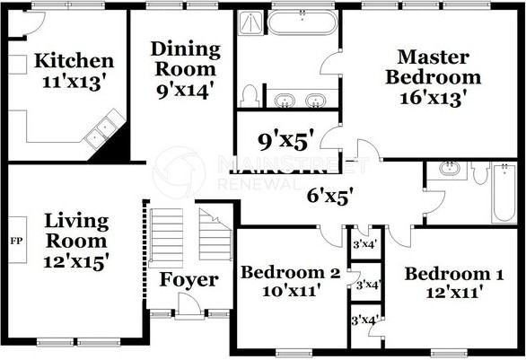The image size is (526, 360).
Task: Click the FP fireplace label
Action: [x=17, y=241]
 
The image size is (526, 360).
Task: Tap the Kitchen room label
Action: [x=75, y=61]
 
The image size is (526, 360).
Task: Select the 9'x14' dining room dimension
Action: [x=186, y=91]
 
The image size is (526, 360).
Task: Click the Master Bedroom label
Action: [x=433, y=67]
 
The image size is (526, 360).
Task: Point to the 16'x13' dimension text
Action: [x=434, y=99]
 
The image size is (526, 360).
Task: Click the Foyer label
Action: [x=188, y=279]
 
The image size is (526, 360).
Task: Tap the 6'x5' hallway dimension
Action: [x=330, y=196]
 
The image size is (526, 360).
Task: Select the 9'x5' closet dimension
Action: [x=288, y=142]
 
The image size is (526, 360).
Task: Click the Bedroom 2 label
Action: [x=291, y=272]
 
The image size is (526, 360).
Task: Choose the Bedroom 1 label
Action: [x=454, y=274]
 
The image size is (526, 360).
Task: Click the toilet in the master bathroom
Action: [x=249, y=96]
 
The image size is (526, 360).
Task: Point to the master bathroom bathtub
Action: [x=302, y=22]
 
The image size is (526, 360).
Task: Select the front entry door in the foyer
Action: [x=188, y=305]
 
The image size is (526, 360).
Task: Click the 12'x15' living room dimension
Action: [x=75, y=261]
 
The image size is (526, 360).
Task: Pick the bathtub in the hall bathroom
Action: [x=504, y=192]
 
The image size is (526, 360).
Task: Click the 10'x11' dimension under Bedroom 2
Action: [x=291, y=291]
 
